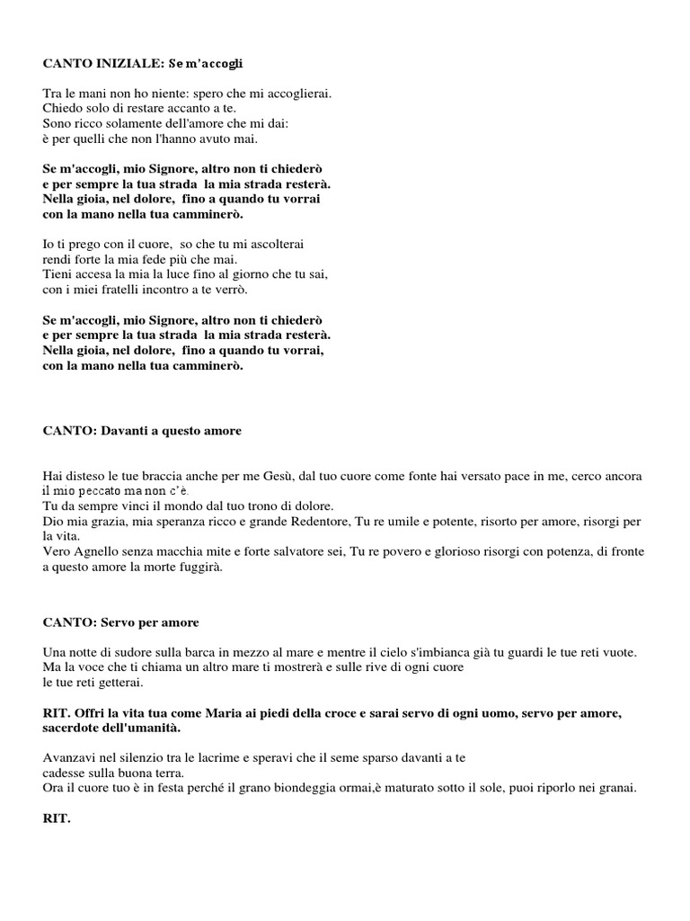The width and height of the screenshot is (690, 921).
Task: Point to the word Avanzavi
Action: (69, 758)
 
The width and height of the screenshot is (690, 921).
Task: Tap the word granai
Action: (618, 789)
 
